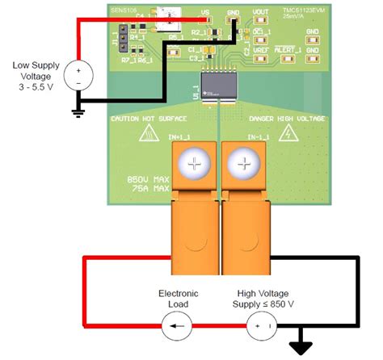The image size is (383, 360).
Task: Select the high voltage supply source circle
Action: pos(261,328)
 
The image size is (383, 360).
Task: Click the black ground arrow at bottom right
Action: pos(301,346)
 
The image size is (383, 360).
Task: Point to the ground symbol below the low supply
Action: pos(78,111)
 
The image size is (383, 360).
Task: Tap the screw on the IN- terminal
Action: pos(242,165)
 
